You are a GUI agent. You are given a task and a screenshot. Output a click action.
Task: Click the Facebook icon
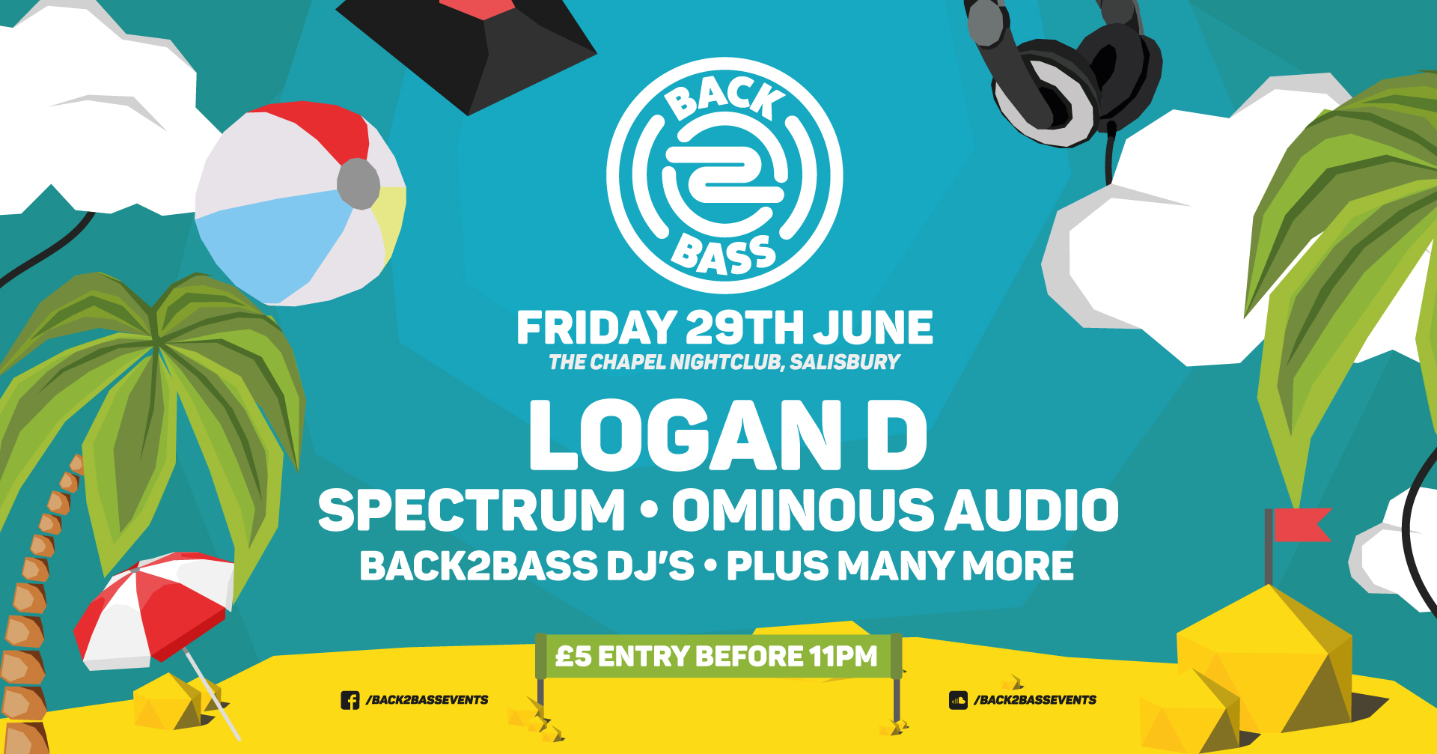tap(350, 700)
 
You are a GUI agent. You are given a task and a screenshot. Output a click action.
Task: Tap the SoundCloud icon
tap(958, 700)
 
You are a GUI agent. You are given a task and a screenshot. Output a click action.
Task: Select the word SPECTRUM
tap(472, 511)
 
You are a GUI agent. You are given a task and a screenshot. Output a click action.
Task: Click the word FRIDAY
tap(596, 328)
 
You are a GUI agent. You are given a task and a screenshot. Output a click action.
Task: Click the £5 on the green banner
tap(573, 657)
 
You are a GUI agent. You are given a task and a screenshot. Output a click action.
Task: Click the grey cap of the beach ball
tap(359, 183)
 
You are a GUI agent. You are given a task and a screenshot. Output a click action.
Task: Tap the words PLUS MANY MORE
tap(900, 566)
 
